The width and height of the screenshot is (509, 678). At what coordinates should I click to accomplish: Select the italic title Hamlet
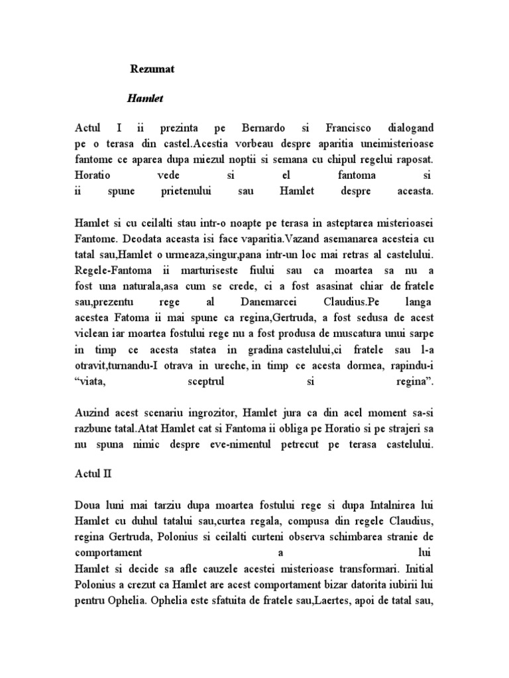click(x=144, y=99)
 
